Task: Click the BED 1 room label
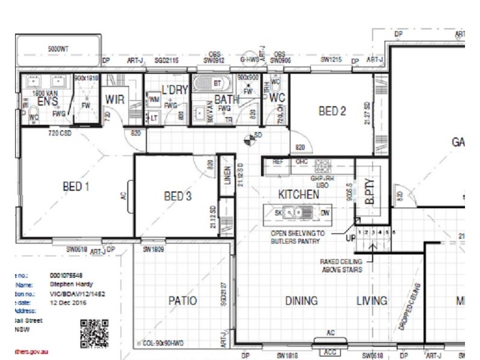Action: pos(76,187)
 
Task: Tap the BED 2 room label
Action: pos(332,111)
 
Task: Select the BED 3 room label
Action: pos(178,196)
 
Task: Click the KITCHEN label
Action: pos(298,194)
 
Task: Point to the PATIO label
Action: pos(182,301)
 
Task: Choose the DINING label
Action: pos(301,301)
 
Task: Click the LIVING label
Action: pos(372,301)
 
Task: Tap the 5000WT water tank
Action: pos(58,47)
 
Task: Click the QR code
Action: pos(95,334)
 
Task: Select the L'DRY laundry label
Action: pos(175,90)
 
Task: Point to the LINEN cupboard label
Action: pos(227,177)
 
